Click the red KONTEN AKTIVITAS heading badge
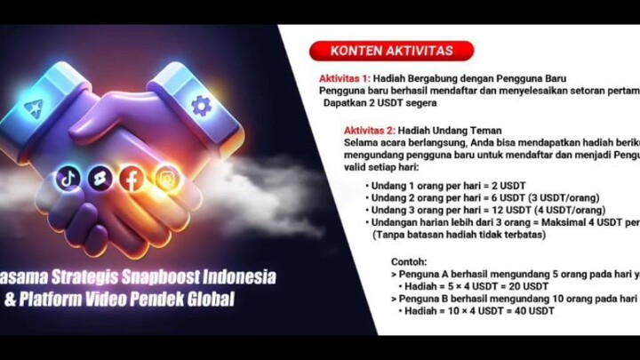[391, 51]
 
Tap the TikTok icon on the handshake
[68, 178]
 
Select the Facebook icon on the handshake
[132, 179]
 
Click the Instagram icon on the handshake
[166, 179]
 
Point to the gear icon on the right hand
[202, 105]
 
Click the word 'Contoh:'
[409, 262]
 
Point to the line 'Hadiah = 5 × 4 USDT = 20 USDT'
[476, 286]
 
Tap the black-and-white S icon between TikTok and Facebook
[99, 179]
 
